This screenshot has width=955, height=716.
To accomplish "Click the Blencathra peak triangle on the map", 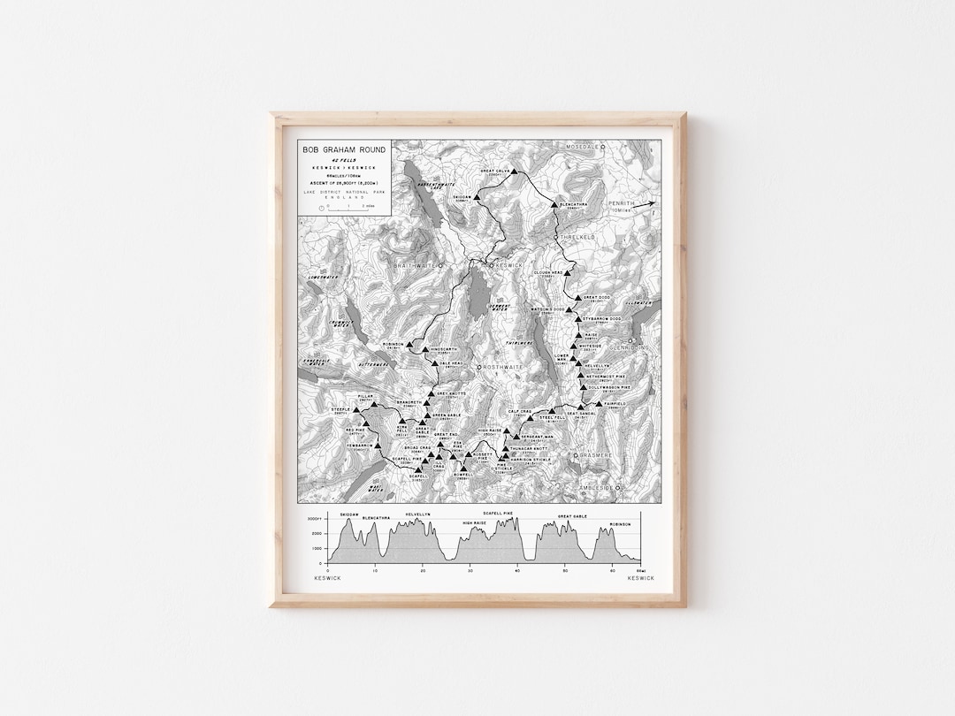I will tap(554, 202).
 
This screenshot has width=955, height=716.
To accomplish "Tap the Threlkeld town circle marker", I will tap(556, 238).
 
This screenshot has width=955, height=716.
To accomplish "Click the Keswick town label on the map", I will tap(512, 264).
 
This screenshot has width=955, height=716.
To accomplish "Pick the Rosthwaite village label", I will tap(505, 366).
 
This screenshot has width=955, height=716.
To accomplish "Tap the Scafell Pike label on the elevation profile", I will tap(500, 513).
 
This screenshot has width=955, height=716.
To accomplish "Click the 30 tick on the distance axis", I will tap(470, 570).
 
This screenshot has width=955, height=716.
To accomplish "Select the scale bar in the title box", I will tap(341, 209).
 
